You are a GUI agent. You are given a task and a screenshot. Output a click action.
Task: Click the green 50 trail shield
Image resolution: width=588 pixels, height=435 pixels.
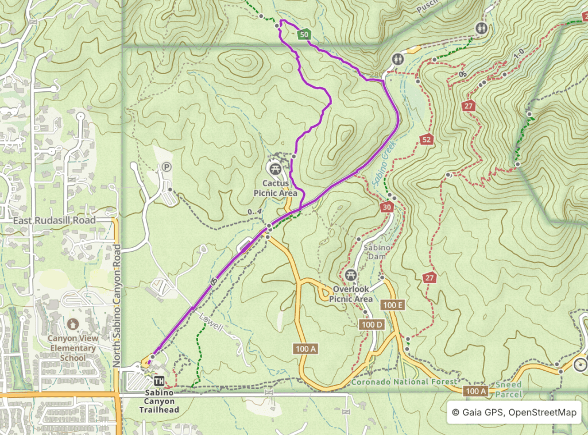point(305,35)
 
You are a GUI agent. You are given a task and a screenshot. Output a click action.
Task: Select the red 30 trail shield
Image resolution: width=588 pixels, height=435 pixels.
point(386,207)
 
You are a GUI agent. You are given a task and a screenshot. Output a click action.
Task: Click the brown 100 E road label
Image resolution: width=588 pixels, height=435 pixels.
point(393,305)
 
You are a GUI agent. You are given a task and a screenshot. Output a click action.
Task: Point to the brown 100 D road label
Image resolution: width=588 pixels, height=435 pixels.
point(371,325)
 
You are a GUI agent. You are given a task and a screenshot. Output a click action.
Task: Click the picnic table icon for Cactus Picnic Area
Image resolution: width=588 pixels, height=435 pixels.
point(274,168)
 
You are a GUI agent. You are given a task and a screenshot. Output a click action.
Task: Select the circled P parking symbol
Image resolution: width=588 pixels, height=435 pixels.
point(167,167)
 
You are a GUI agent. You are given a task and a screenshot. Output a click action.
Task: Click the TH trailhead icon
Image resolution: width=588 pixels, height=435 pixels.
point(159,380)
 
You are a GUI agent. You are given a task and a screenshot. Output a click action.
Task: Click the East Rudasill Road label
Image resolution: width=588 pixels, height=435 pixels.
point(55,220)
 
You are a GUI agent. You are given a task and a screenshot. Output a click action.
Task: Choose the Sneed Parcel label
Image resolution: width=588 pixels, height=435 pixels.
point(509,389)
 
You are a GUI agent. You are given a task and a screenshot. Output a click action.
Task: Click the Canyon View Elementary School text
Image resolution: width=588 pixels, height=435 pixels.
point(72,348)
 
